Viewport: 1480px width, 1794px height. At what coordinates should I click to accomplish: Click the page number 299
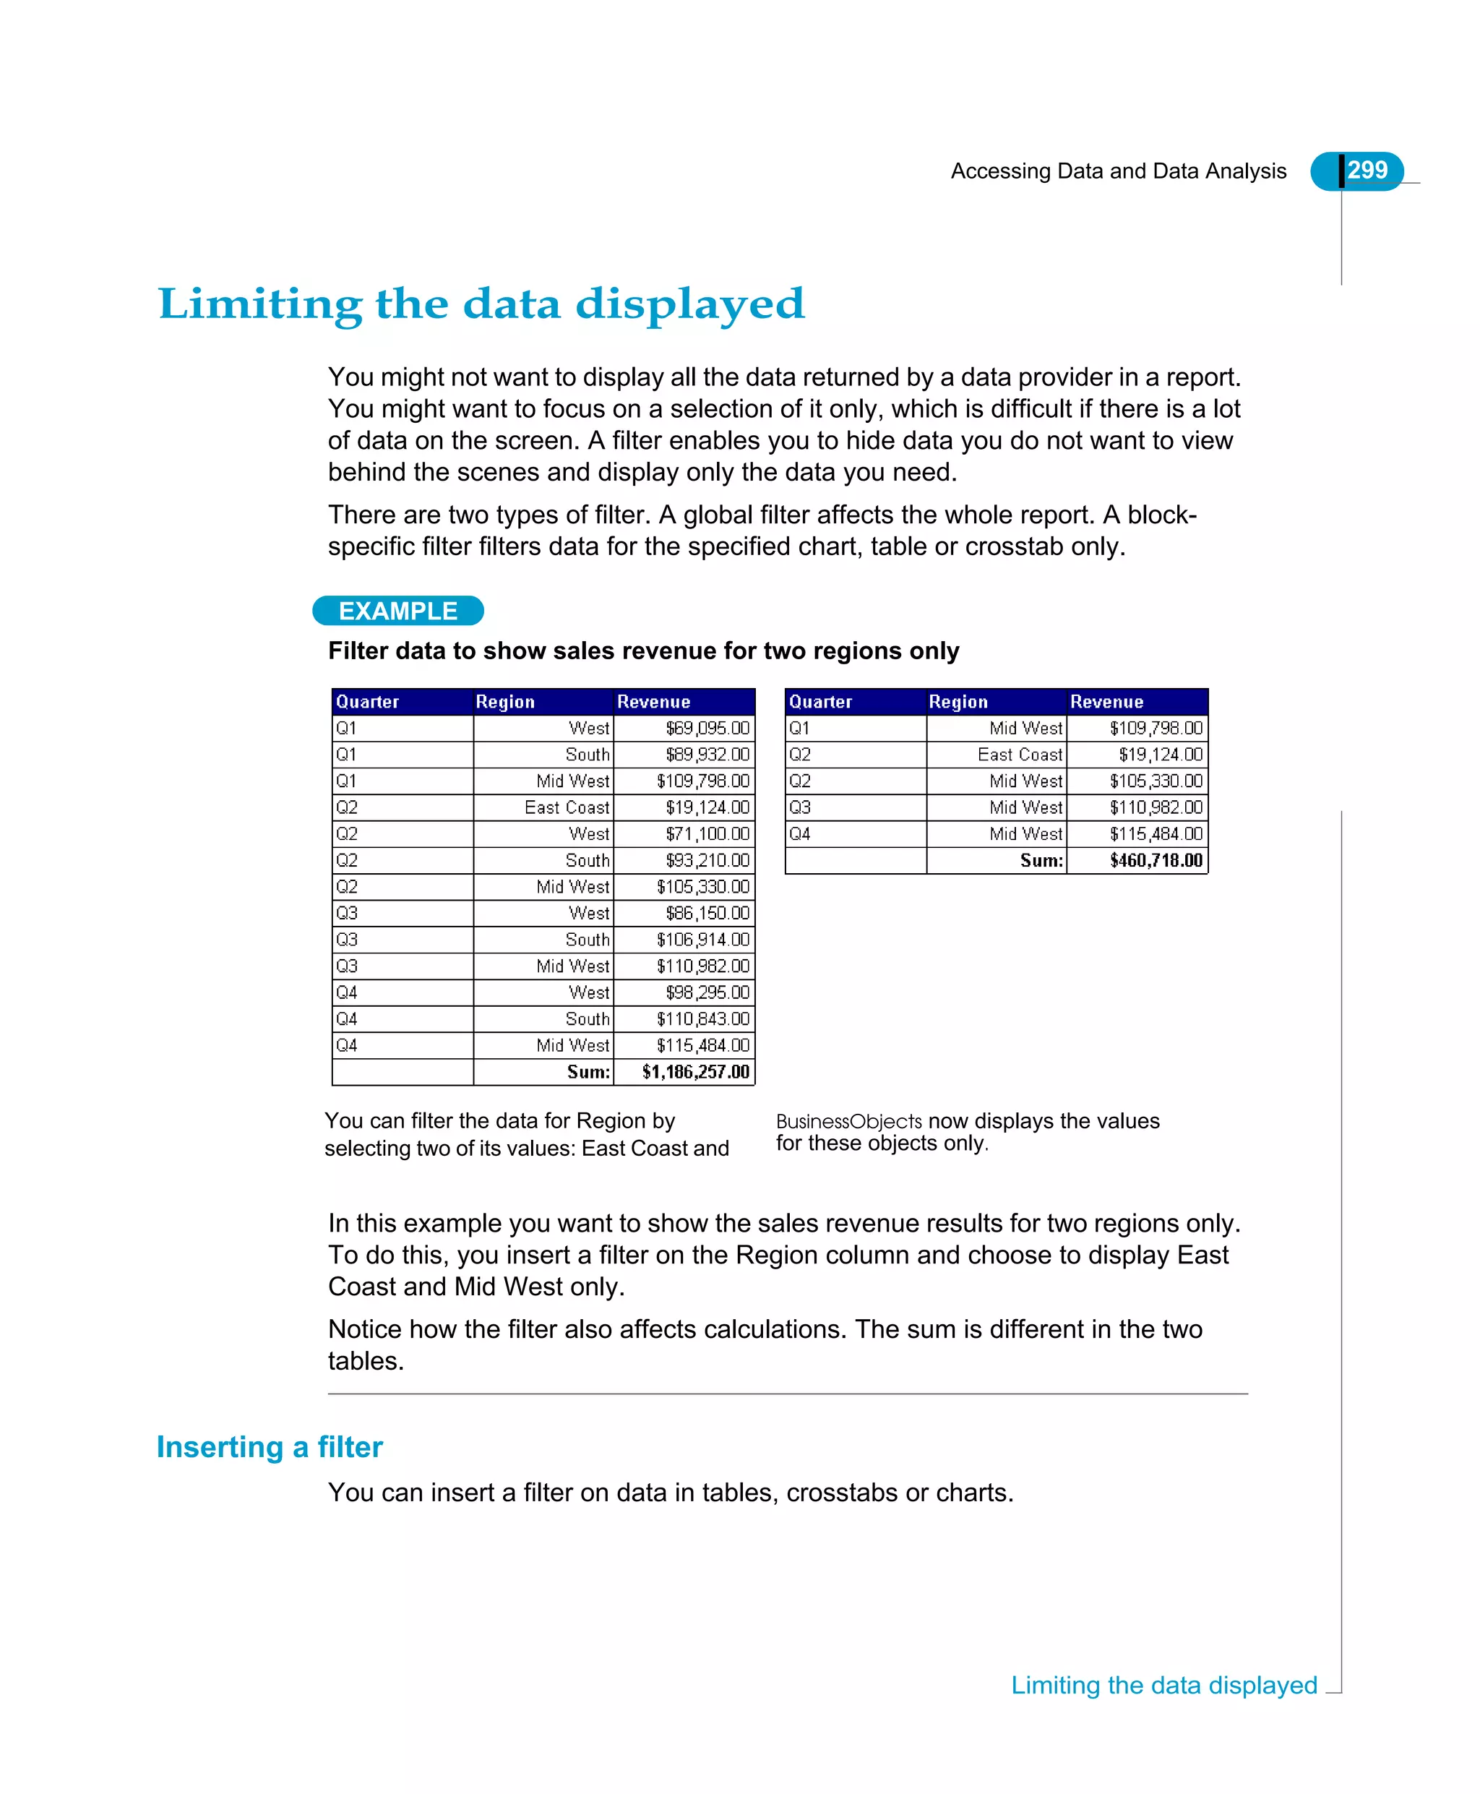(x=1367, y=170)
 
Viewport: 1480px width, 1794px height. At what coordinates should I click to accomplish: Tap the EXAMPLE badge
(x=398, y=611)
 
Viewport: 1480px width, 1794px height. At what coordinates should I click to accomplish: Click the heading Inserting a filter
(x=270, y=1447)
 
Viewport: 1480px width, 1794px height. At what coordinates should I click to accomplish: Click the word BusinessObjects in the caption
(x=848, y=1121)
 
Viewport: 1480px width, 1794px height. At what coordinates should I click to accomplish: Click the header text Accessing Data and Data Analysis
(x=1118, y=171)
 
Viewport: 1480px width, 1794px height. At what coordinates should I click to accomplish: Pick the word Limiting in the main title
(x=260, y=304)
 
